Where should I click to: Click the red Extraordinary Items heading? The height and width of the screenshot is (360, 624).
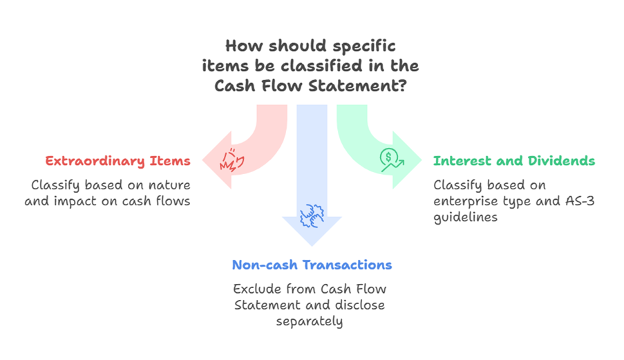click(117, 161)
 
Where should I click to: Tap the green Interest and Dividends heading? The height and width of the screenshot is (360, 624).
click(513, 161)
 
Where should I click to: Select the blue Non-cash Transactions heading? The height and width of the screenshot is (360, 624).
click(312, 265)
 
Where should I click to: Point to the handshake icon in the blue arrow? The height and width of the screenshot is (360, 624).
click(311, 217)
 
